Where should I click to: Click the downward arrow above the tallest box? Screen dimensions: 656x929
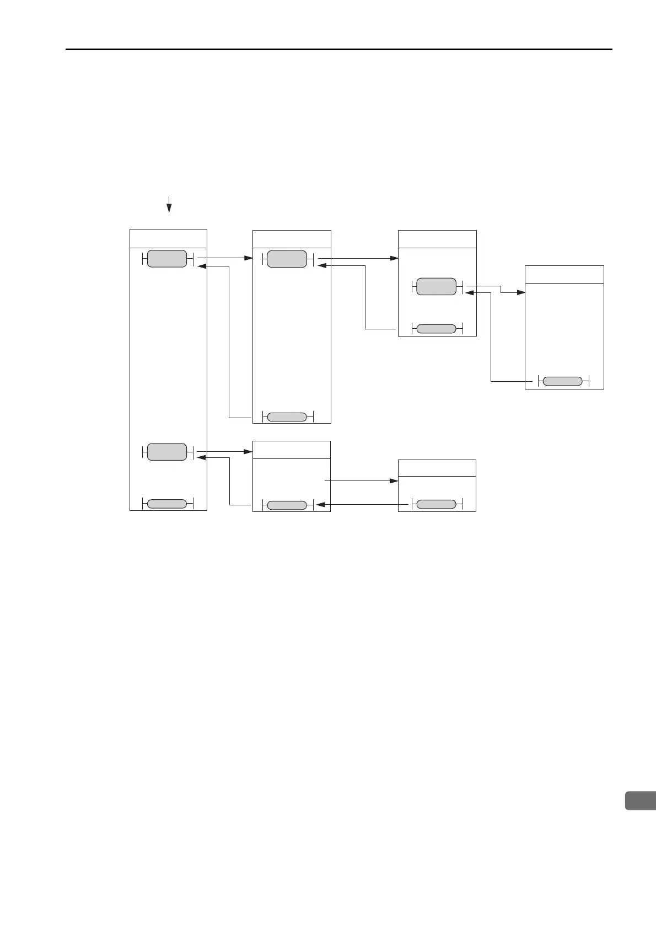point(169,205)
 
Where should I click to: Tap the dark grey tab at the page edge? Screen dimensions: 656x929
point(640,800)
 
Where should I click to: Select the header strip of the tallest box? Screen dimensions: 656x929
point(168,239)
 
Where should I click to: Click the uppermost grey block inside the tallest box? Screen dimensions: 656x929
point(167,259)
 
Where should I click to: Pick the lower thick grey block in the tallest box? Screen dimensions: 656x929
point(167,452)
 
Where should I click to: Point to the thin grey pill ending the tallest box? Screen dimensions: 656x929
point(167,503)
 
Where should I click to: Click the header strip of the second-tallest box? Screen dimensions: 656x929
point(292,239)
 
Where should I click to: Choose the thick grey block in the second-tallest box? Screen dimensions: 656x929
point(287,259)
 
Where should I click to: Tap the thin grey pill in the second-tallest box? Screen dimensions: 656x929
point(287,417)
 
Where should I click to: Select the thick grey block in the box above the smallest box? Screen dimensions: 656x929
point(437,287)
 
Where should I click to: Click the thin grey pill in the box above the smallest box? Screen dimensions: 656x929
point(437,329)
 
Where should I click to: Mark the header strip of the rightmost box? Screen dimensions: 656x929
point(564,274)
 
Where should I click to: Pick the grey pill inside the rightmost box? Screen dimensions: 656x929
point(562,381)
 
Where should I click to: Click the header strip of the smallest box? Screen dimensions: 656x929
point(437,468)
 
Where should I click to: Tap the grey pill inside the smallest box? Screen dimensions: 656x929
point(437,504)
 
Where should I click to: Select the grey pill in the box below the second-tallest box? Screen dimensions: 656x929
point(287,505)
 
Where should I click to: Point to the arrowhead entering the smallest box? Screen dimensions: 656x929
point(394,481)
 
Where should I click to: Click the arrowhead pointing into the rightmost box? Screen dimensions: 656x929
point(521,292)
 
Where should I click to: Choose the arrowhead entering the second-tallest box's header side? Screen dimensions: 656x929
point(249,258)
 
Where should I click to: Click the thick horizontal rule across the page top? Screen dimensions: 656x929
point(338,49)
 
